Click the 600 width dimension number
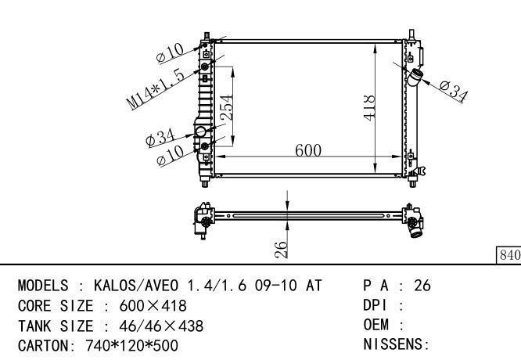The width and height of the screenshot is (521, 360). [308, 150]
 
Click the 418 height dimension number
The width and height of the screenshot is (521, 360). [369, 108]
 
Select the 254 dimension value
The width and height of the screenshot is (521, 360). [227, 107]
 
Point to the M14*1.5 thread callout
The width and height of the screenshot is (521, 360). [155, 90]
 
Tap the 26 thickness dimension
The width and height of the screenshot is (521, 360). [281, 250]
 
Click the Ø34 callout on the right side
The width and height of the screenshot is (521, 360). [454, 91]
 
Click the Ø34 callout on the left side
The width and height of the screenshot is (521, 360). [160, 138]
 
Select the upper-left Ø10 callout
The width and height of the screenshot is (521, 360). [170, 53]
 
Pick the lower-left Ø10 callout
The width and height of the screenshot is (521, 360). [170, 156]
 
